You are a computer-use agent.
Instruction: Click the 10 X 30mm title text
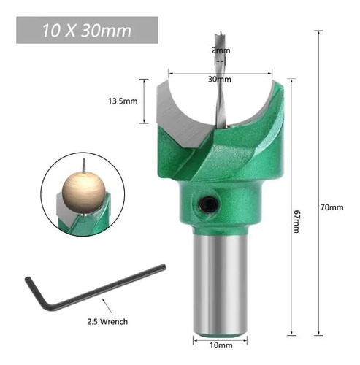click(87, 31)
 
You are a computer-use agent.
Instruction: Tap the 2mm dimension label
click(221, 50)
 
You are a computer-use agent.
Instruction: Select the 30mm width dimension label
click(220, 79)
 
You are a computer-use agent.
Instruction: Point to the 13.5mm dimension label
click(123, 101)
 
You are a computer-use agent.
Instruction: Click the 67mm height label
click(296, 221)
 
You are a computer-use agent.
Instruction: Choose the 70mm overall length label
click(332, 207)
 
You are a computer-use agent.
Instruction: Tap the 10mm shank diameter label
click(221, 345)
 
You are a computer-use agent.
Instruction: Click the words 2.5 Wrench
click(107, 321)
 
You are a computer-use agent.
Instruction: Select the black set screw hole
click(207, 204)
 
